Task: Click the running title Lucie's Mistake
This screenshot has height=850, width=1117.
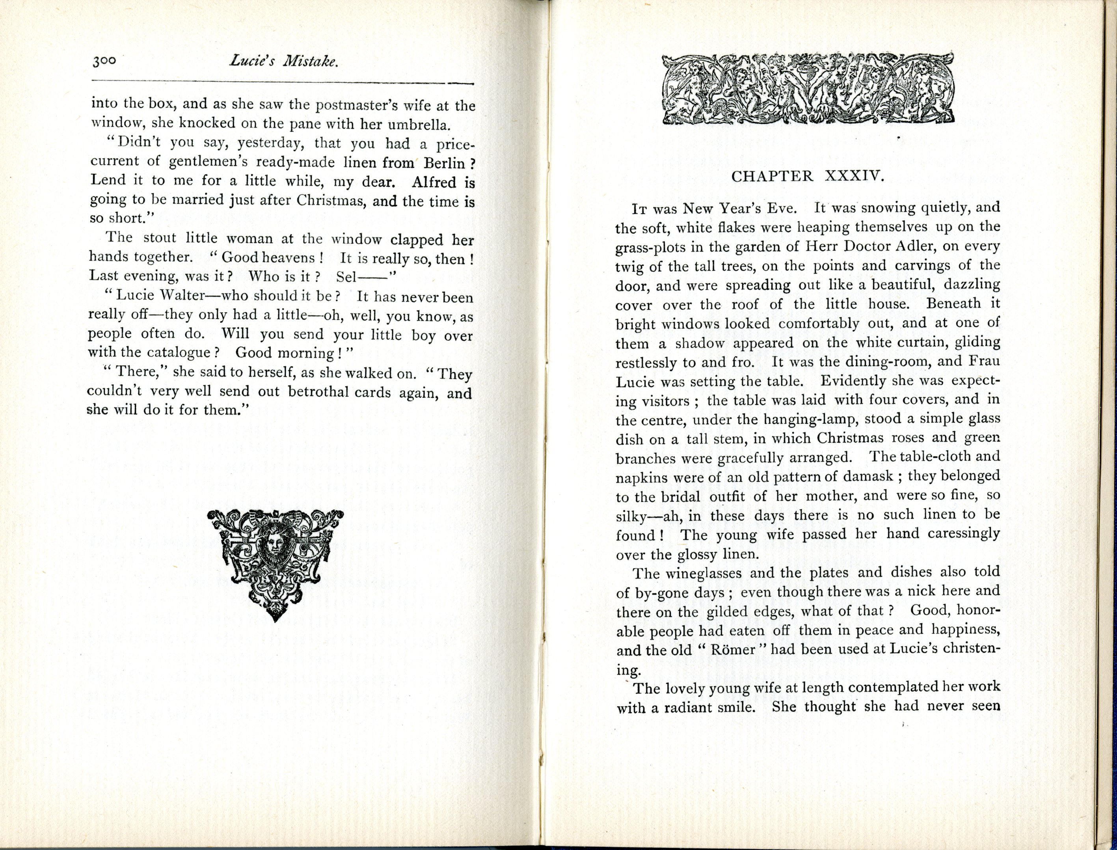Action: tap(283, 62)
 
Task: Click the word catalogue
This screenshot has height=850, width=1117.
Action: tap(184, 352)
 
